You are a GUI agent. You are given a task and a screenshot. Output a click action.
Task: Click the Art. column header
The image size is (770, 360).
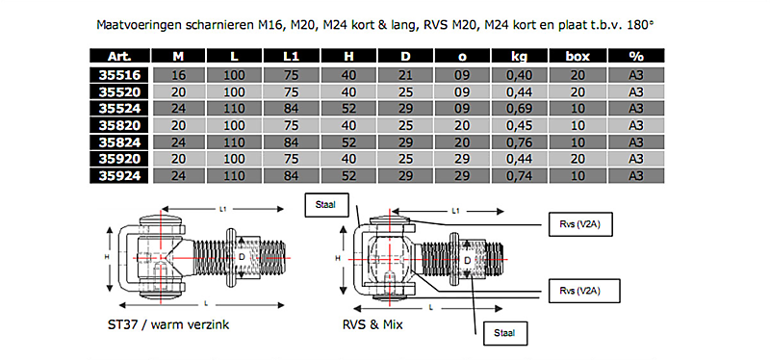point(118,56)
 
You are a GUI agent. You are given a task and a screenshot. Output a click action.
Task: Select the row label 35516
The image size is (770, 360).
point(118,75)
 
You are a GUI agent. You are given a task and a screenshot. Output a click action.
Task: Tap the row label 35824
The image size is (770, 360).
point(118,142)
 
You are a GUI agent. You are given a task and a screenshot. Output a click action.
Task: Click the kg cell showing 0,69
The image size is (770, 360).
point(520,109)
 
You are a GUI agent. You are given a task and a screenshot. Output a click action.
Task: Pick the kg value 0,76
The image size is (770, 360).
point(520,142)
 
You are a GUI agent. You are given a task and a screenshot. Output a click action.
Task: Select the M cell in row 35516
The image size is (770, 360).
point(179,75)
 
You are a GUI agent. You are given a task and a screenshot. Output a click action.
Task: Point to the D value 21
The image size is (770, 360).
point(405,75)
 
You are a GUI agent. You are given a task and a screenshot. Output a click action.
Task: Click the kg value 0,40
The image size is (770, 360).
point(520,75)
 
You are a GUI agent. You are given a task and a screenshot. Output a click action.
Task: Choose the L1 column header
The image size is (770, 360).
point(292,56)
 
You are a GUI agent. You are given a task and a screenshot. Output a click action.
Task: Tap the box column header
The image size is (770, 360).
point(577,56)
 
